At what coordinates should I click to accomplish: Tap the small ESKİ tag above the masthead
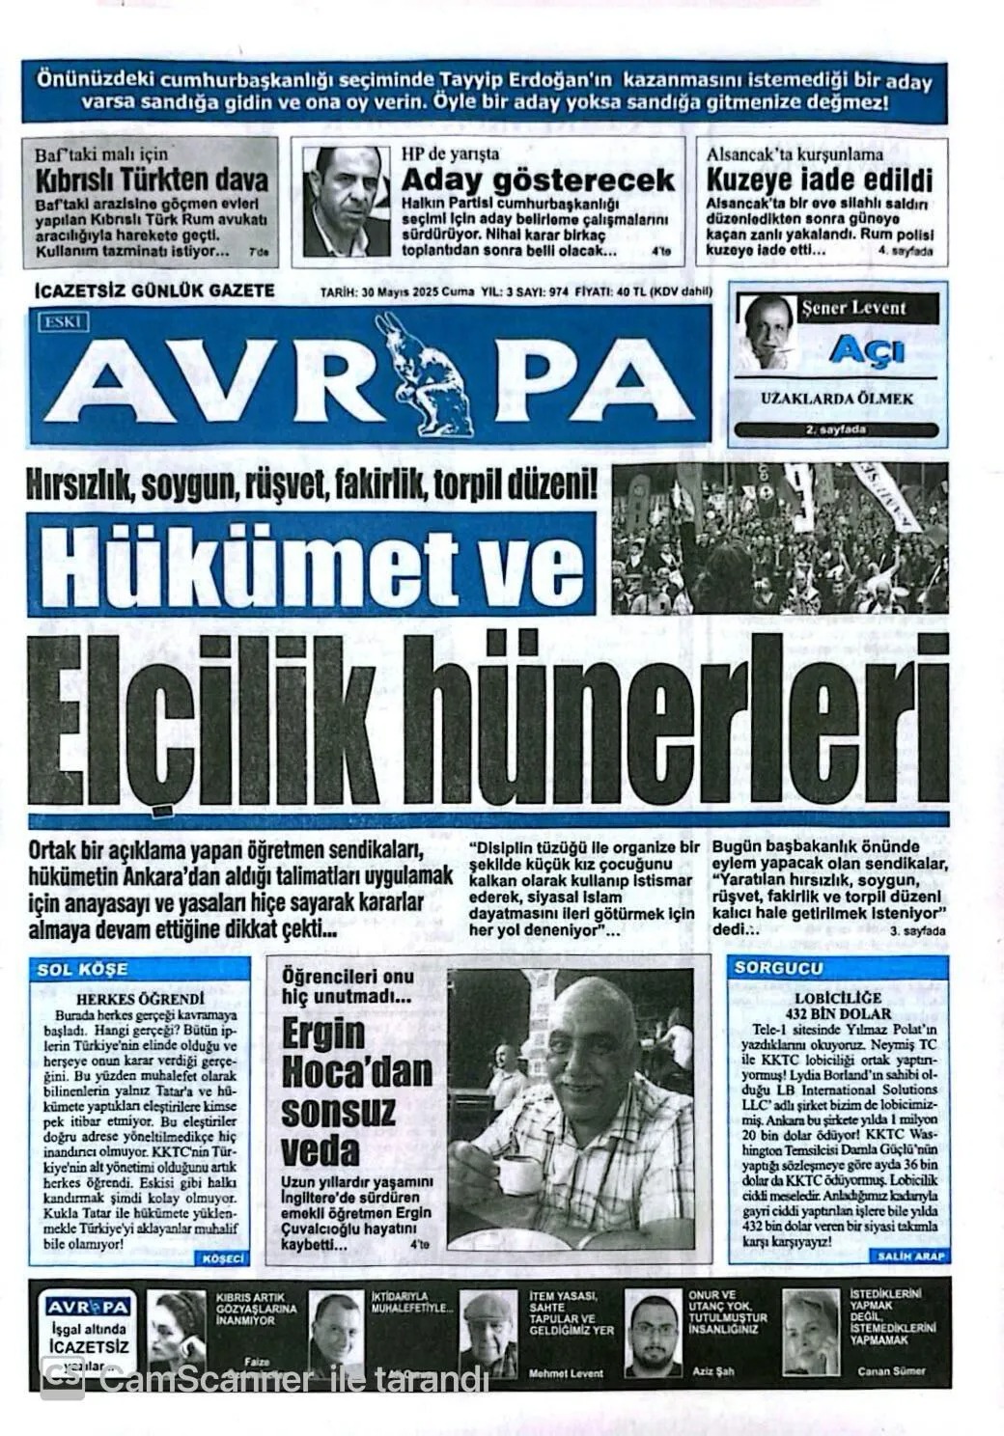(65, 321)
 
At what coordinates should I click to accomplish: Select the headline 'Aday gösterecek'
(538, 180)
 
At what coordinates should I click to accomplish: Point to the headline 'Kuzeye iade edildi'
(820, 180)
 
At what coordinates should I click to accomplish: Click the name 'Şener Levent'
(853, 309)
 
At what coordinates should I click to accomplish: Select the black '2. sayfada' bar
(836, 429)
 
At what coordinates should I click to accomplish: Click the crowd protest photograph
(780, 538)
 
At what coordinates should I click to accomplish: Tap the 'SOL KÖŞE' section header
(82, 969)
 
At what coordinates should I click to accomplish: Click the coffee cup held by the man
(516, 1174)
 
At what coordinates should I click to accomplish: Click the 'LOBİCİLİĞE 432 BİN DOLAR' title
(838, 1006)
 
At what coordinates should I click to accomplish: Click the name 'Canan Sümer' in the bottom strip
(889, 1370)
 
